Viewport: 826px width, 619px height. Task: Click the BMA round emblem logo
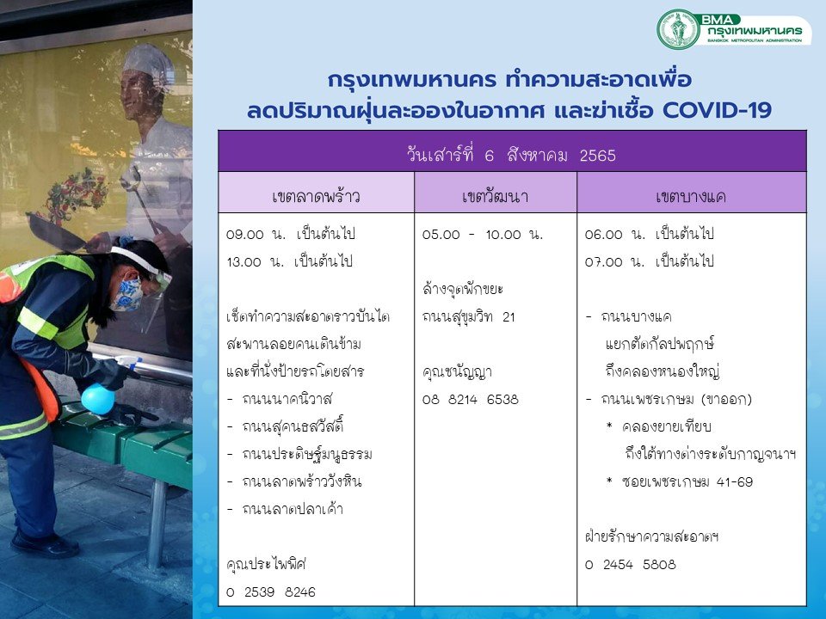click(678, 29)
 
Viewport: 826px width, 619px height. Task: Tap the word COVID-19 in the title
click(717, 110)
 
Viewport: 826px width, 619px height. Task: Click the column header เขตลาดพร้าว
click(316, 196)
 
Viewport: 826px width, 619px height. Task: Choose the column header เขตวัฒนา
click(496, 196)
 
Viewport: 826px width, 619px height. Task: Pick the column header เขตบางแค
click(691, 196)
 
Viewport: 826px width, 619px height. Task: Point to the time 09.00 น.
click(256, 234)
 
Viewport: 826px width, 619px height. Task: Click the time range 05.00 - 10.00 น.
click(483, 234)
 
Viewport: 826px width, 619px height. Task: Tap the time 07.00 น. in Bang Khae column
click(614, 261)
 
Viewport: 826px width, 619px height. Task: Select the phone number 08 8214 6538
click(471, 400)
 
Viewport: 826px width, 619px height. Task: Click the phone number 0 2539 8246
click(271, 592)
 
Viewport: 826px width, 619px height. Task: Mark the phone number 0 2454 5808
click(631, 565)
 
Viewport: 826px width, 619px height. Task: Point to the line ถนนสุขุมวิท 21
click(469, 316)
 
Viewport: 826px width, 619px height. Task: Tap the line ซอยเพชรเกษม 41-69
click(687, 481)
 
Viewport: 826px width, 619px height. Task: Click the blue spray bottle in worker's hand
click(98, 398)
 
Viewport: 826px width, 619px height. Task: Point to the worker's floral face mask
click(127, 295)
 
